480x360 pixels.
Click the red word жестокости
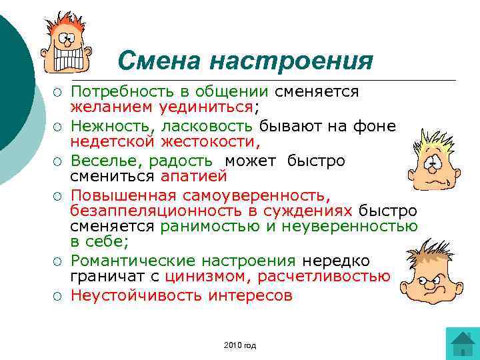(x=213, y=142)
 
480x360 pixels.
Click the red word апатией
(x=193, y=177)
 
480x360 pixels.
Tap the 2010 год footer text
(x=241, y=345)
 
